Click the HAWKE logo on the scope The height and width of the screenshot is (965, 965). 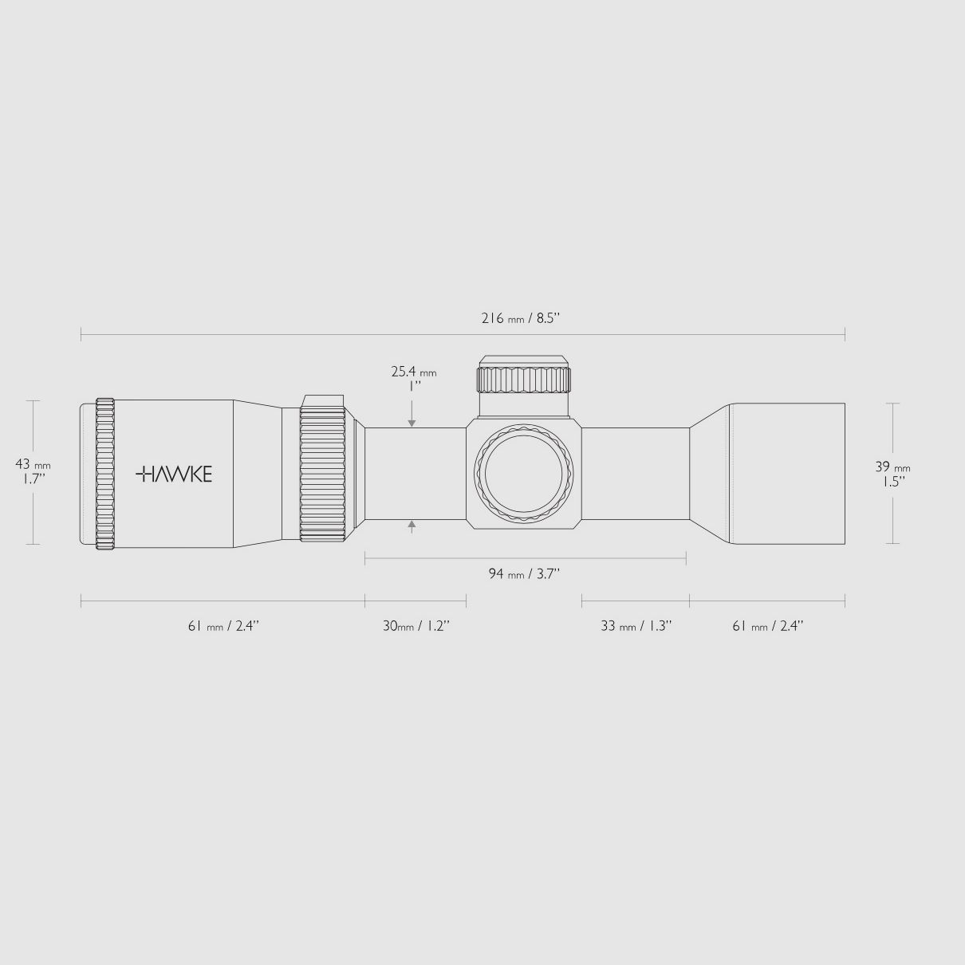click(x=174, y=474)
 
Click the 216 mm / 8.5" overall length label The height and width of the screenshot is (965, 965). click(x=521, y=318)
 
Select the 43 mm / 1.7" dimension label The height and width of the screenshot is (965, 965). click(x=32, y=471)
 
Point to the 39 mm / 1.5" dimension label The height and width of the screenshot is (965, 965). click(x=892, y=475)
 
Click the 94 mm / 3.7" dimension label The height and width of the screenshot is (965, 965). click(x=524, y=573)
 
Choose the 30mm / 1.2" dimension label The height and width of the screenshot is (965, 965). click(x=416, y=626)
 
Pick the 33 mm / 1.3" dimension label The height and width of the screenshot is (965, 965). click(x=636, y=626)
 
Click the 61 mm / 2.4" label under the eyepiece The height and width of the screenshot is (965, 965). click(x=223, y=626)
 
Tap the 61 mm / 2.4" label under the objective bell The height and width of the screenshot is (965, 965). click(x=767, y=626)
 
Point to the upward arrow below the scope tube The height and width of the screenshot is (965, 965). click(x=412, y=525)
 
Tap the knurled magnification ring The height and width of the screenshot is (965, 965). click(x=323, y=476)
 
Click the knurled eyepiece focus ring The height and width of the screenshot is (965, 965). click(x=105, y=474)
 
